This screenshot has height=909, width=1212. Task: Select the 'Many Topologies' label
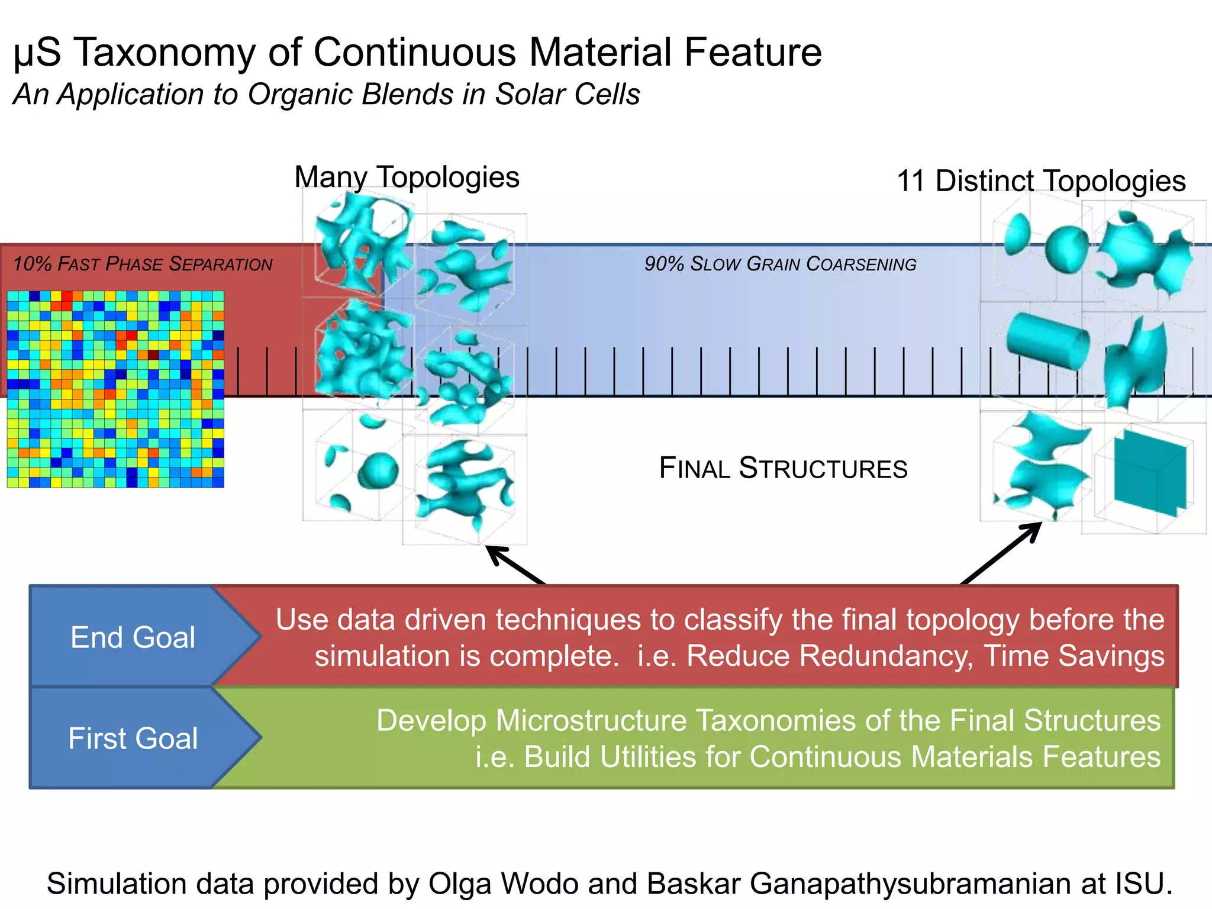(407, 177)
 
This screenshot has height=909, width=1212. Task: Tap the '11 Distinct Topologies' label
(1041, 180)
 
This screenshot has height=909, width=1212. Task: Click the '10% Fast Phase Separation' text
(143, 264)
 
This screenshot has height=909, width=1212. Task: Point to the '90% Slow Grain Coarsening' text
(780, 264)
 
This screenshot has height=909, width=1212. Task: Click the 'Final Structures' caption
(783, 468)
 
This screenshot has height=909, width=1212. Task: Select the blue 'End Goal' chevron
(133, 637)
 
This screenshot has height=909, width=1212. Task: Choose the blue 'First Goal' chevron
(133, 739)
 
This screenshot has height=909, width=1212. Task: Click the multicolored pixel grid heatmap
(115, 389)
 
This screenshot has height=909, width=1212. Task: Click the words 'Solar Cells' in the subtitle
(567, 95)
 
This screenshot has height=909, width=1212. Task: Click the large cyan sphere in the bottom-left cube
(378, 470)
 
